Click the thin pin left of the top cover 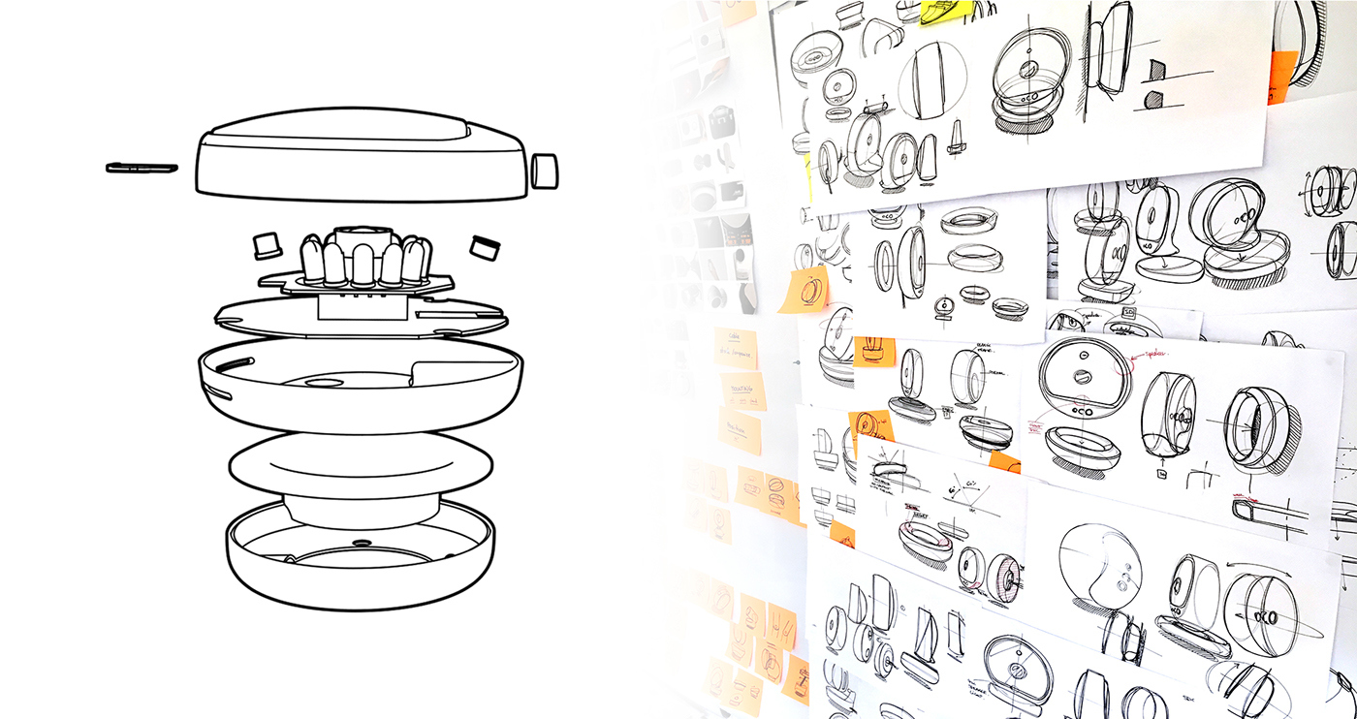pyautogui.click(x=142, y=168)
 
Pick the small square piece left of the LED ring pyautogui.click(x=266, y=245)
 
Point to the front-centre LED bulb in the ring pyautogui.click(x=362, y=267)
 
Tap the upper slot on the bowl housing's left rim pyautogui.click(x=219, y=364)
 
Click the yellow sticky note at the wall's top pyautogui.click(x=945, y=12)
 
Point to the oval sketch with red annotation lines pyautogui.click(x=1085, y=379)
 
